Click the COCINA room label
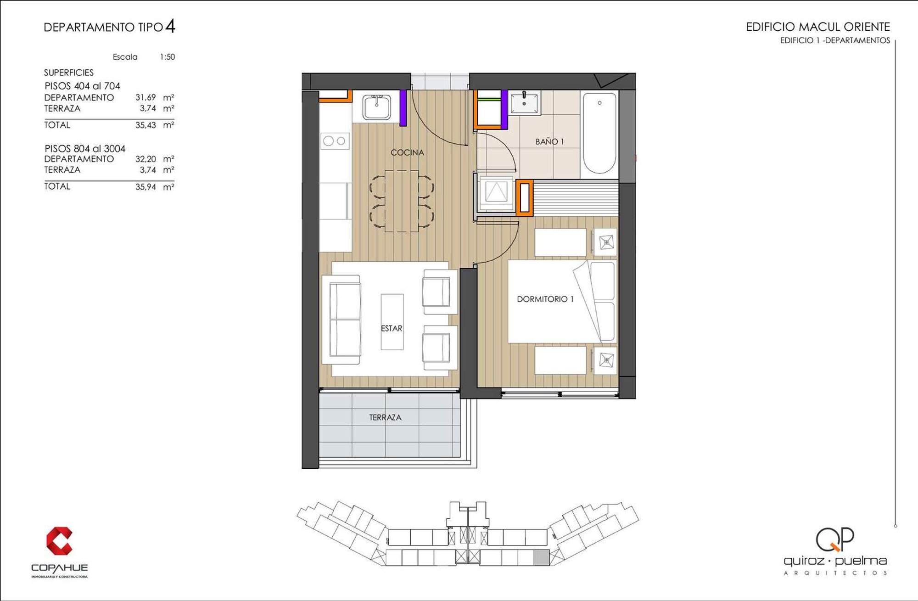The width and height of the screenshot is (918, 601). [407, 152]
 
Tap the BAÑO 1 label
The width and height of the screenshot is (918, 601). [549, 141]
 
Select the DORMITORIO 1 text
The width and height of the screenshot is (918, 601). [545, 299]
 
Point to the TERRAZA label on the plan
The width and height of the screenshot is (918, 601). [385, 417]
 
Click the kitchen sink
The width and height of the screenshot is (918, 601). [376, 107]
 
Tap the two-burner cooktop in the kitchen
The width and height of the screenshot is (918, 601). [335, 141]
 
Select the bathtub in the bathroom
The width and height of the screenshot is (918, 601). [599, 133]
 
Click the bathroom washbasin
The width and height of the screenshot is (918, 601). [524, 102]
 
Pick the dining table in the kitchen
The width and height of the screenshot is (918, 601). [402, 201]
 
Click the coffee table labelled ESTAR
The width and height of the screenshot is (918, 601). [392, 322]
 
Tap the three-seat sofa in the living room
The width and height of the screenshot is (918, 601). [341, 320]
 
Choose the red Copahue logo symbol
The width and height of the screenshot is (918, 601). [59, 541]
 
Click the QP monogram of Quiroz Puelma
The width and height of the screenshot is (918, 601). [834, 539]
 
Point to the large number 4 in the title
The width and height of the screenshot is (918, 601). [170, 26]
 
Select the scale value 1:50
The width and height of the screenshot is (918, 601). [167, 57]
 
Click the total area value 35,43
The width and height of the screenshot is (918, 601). [146, 125]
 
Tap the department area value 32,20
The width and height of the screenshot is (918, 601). [146, 159]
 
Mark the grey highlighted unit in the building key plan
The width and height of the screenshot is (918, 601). [542, 557]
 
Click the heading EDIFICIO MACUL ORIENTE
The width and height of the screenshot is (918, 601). [818, 27]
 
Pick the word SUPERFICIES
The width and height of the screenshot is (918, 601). [69, 73]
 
